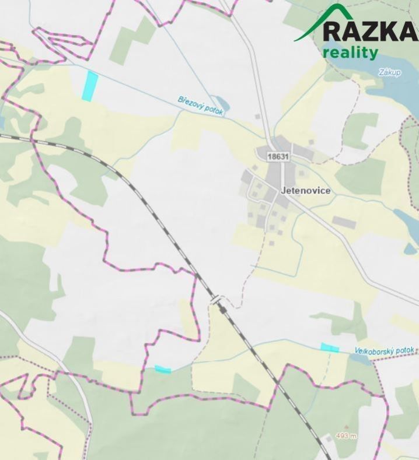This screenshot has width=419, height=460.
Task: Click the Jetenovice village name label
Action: pyautogui.click(x=305, y=191)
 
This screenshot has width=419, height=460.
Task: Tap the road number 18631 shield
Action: pyautogui.click(x=279, y=156)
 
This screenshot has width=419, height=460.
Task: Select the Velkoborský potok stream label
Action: pyautogui.click(x=385, y=351)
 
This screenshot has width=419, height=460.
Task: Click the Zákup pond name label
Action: pyautogui.click(x=389, y=73)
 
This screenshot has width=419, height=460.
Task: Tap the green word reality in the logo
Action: pyautogui.click(x=350, y=52)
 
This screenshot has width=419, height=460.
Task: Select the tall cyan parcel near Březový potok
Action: pyautogui.click(x=89, y=85)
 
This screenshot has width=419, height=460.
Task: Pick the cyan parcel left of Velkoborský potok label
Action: pyautogui.click(x=330, y=348)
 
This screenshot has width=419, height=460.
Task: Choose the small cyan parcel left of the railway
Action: pyautogui.click(x=163, y=369)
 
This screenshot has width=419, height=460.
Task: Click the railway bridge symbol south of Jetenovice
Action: pyautogui.click(x=218, y=301)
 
